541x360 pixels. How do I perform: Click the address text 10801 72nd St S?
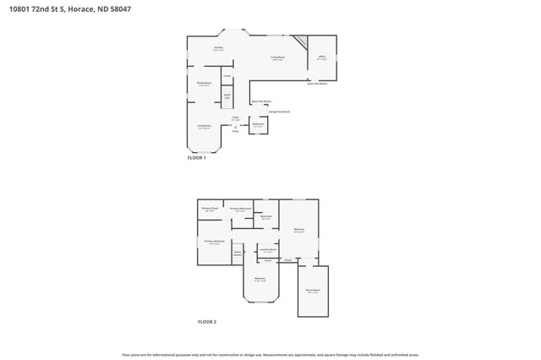35,8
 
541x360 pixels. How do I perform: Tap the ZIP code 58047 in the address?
118,8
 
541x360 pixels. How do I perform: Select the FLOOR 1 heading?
196,158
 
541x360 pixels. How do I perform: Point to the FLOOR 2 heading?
207,322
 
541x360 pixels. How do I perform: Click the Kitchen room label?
218,49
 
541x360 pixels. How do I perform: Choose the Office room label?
321,57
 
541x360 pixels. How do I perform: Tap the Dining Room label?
204,83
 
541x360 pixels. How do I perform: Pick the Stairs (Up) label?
227,96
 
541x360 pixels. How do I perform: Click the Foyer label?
235,118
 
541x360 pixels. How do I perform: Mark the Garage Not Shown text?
280,111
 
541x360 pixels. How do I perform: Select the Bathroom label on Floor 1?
259,125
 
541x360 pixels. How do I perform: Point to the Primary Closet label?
210,209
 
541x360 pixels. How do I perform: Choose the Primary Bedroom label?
214,243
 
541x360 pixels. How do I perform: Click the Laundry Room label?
268,250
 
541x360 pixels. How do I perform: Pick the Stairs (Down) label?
238,253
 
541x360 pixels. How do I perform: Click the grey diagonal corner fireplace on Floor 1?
299,41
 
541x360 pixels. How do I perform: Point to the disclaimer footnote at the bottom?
270,354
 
